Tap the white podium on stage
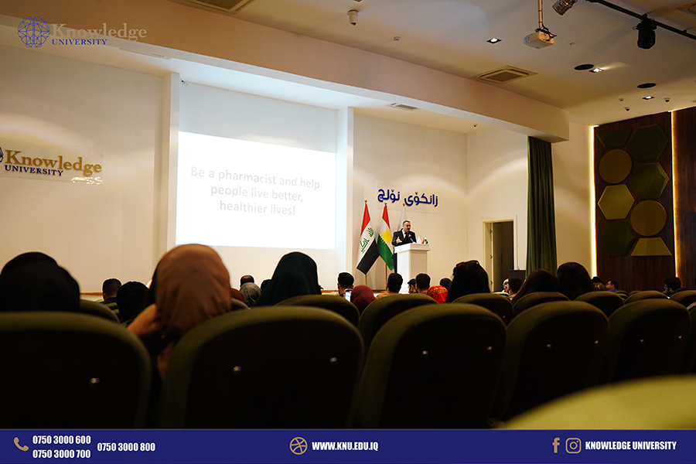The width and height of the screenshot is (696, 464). click(412, 266)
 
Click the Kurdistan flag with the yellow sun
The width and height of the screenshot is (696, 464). click(386, 237)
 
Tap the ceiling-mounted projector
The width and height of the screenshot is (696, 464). click(539, 37)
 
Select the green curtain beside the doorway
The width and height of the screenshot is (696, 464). click(541, 205)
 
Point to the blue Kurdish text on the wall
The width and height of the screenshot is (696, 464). click(408, 197)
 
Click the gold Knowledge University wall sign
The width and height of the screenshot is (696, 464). click(52, 163)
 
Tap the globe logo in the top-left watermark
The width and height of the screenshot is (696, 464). click(34, 32)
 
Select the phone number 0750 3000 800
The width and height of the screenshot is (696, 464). click(126, 447)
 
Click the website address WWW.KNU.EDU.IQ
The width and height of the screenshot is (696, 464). click(345, 446)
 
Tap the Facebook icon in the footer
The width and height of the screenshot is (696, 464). click(556, 445)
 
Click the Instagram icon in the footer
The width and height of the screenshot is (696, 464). click(573, 445)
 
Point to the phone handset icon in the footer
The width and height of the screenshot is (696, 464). click(20, 444)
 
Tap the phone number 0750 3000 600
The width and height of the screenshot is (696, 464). click(61, 440)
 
